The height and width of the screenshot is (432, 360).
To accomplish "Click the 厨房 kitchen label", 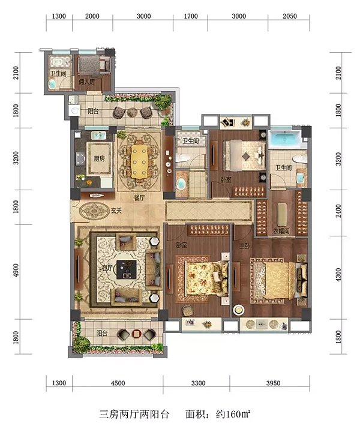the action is [99, 158].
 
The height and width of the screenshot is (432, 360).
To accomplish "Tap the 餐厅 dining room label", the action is [139, 197].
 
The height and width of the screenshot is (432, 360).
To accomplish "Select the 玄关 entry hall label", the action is [116, 211].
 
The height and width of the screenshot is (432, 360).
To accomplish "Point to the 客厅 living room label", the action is [107, 267].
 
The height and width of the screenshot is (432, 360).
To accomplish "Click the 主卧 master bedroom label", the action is [244, 245].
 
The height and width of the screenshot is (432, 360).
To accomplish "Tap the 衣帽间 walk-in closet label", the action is [281, 231].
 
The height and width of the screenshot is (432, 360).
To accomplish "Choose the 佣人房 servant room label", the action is [87, 82].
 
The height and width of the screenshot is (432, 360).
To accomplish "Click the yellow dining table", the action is [139, 161].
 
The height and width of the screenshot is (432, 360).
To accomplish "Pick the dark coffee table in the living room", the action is [127, 269].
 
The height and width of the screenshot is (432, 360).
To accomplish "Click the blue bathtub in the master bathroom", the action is [284, 139].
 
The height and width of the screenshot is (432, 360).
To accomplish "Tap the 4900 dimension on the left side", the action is [16, 271].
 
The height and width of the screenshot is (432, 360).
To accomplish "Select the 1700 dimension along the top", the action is [191, 16].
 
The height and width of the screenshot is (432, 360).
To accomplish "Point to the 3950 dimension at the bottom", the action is [273, 383].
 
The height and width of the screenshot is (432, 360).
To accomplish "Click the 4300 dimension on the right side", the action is [338, 275].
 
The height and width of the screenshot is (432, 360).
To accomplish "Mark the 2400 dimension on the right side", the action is [338, 211].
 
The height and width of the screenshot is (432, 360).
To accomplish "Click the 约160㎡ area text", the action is [233, 414].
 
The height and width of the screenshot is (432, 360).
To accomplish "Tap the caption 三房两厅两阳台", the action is [134, 414].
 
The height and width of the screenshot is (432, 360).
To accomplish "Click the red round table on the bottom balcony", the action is [136, 334].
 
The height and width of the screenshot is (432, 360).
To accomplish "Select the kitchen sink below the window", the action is [98, 136].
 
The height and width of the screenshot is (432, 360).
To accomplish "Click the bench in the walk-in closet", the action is [281, 215].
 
